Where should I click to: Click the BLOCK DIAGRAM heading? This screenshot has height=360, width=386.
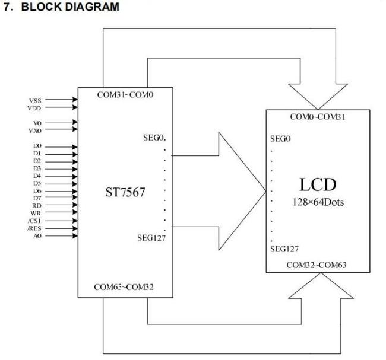coord(70,7)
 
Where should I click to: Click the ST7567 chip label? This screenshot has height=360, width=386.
coord(125,192)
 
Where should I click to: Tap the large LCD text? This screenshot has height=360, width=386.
coord(318,184)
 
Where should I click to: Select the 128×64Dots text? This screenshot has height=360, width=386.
coord(318,202)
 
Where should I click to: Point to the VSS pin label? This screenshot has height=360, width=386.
coord(35,101)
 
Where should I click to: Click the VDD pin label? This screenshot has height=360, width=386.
coord(34,108)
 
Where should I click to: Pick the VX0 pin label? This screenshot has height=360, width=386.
coord(35,130)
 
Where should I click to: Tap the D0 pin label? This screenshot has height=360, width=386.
coord(37,146)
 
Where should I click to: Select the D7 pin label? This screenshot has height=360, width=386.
coord(37,198)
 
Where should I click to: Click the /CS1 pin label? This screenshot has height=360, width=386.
coord(34,221)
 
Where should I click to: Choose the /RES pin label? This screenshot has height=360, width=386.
coord(34,228)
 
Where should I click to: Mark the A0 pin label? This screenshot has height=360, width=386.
coord(37,236)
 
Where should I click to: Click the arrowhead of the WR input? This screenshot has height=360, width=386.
coord(75,212)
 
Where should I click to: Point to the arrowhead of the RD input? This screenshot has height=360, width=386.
coord(75,205)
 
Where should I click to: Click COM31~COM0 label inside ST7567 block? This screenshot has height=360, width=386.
coord(125,95)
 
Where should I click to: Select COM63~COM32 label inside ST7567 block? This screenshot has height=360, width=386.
coord(124,287)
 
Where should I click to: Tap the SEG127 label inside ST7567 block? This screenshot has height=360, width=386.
coord(151,238)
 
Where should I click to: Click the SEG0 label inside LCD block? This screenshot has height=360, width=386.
coord(280,139)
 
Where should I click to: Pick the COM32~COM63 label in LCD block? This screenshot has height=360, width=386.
coord(317,265)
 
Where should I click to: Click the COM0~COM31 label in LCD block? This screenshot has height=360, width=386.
coord(318,117)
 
